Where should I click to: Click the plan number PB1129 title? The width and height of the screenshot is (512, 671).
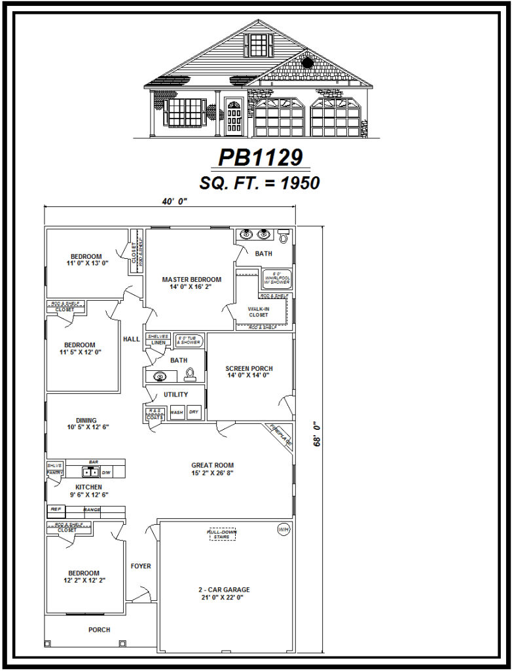pos(261,158)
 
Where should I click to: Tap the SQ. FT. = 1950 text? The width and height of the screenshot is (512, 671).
pos(260,183)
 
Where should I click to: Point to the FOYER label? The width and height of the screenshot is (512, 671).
pos(141,566)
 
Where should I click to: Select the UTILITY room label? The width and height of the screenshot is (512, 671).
pos(176,394)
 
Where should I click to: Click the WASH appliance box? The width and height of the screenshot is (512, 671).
pos(177,413)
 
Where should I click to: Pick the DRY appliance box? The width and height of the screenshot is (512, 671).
pos(193,413)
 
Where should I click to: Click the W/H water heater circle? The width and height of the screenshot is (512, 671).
pos(283,529)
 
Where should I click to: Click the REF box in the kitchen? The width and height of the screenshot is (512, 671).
pos(56,509)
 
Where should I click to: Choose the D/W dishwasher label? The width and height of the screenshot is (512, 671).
pos(106,472)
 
